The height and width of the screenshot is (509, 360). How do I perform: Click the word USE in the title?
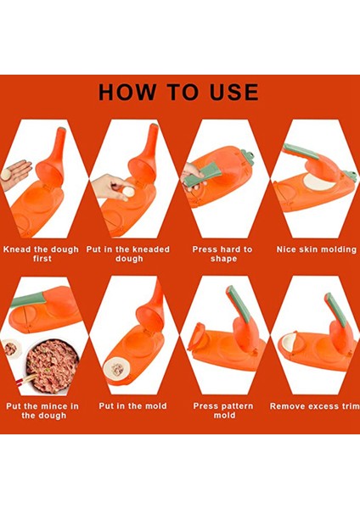(234, 92)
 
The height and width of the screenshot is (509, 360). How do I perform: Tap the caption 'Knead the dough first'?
(42, 254)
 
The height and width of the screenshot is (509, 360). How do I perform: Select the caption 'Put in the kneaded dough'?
(128, 254)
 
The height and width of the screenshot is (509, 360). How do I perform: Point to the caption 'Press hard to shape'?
(222, 254)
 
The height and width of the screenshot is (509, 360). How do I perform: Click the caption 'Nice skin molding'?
(317, 249)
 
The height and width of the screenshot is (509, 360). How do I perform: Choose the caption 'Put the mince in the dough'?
(42, 411)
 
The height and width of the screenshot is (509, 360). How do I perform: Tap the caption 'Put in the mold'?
(132, 406)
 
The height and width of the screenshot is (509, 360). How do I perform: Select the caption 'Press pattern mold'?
(223, 411)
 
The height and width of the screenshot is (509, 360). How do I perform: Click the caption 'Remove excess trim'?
(314, 406)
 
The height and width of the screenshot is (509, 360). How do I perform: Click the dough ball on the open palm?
(6, 174)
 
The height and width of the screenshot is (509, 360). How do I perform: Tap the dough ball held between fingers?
(128, 191)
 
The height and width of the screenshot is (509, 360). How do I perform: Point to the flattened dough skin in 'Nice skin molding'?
(319, 182)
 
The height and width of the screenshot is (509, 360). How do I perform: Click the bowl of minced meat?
(53, 366)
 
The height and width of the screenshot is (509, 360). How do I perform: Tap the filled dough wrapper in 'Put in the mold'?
(117, 369)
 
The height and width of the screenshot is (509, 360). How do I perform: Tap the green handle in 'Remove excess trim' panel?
(335, 310)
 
